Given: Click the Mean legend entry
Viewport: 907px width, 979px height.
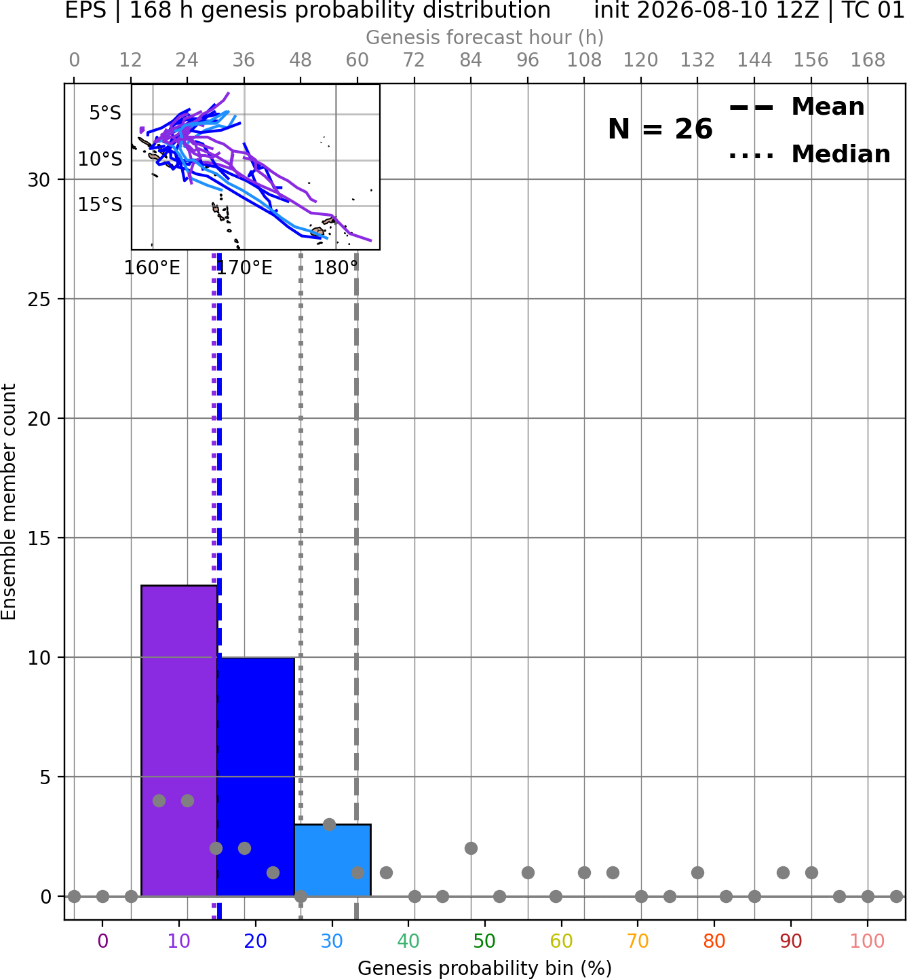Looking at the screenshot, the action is [x=796, y=107].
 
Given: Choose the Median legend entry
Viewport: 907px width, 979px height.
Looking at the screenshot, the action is [x=810, y=155].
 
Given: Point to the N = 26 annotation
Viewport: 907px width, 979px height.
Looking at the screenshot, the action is [x=660, y=129].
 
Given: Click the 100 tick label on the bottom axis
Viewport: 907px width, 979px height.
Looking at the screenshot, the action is [x=867, y=941].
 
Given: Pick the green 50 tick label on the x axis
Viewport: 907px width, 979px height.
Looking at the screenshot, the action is [x=484, y=941].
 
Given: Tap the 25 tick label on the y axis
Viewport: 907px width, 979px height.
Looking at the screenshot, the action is [x=39, y=299].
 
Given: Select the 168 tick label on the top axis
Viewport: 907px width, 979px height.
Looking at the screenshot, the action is [x=868, y=60].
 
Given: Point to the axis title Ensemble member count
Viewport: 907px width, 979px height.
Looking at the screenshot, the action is [x=9, y=502].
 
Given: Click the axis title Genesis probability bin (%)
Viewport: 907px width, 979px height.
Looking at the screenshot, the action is [x=484, y=968].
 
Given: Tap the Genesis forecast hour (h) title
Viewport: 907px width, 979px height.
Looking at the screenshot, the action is [x=484, y=37].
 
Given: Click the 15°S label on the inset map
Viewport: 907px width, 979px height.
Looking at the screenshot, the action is [x=100, y=204].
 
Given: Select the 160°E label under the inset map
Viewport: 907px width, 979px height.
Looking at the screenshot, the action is [x=152, y=267].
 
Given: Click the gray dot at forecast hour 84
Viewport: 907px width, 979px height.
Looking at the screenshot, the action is [x=471, y=849].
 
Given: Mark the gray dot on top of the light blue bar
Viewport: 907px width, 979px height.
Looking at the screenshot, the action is [x=329, y=824].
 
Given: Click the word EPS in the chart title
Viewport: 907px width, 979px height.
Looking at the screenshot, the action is [x=85, y=10].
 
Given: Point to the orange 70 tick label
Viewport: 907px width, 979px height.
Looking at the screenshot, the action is [x=638, y=941].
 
